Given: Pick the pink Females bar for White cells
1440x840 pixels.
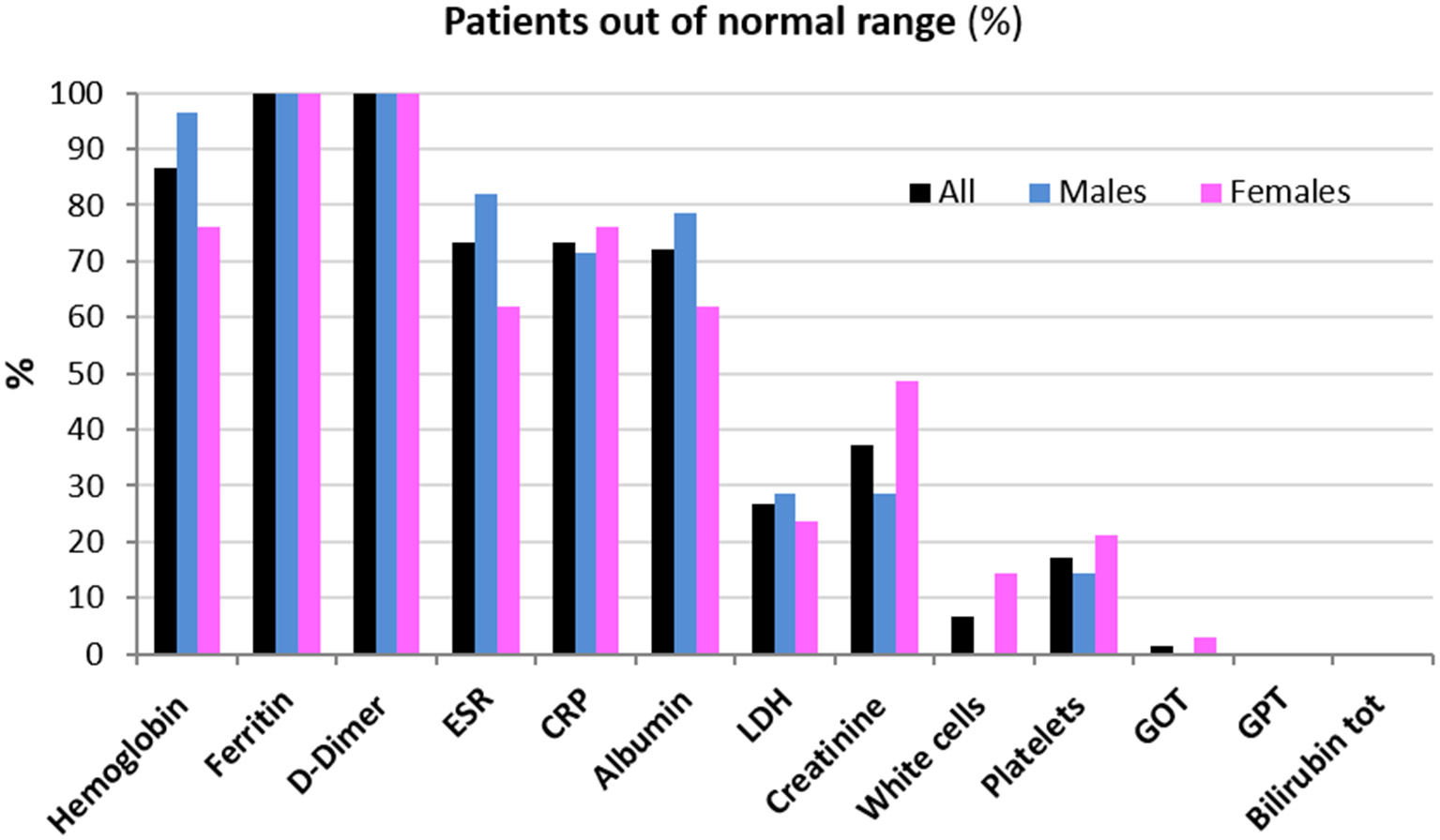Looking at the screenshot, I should (1006, 614).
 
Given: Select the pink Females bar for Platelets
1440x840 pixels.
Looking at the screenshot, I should (1106, 594).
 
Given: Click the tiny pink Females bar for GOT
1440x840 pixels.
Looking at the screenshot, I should (1205, 646).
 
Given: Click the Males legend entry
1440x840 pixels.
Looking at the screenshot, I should (1088, 192).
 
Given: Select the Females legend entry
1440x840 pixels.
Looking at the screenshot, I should (1276, 192).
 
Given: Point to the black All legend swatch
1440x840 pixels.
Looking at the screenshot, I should (919, 193).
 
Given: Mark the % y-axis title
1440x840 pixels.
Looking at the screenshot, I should (21, 371).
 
